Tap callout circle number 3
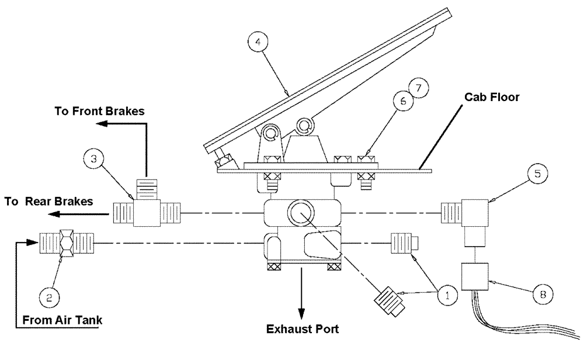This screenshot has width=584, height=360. [x=93, y=158]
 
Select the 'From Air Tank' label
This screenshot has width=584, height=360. [x=64, y=320]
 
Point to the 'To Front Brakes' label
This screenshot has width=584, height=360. [x=99, y=110]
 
